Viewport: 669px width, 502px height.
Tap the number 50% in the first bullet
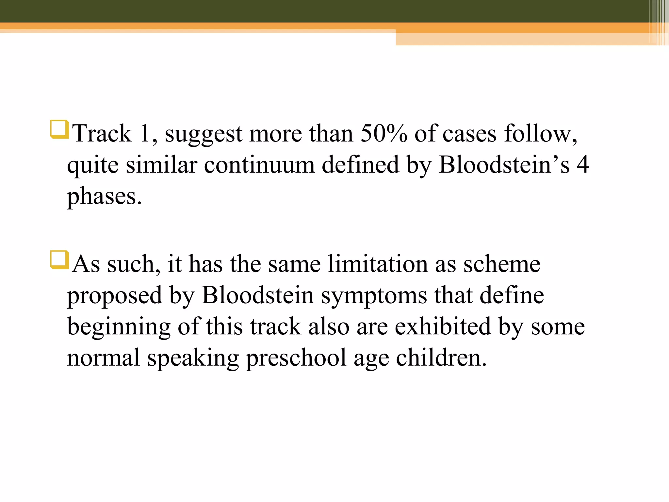pos(384,134)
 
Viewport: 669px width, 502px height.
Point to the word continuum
pos(260,165)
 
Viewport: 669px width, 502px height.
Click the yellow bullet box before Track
pos(59,129)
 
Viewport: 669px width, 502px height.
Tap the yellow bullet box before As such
pos(59,260)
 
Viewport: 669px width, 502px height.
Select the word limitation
pos(378,264)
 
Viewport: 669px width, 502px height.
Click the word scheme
pos(502,264)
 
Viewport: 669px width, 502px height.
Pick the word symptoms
pos(374,295)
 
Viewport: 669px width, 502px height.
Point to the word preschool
pos(296,358)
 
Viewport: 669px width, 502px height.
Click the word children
pos(441,358)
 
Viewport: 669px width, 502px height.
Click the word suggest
pos(204,134)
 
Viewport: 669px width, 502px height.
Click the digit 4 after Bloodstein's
pos(582,165)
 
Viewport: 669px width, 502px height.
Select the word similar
pos(162,165)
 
